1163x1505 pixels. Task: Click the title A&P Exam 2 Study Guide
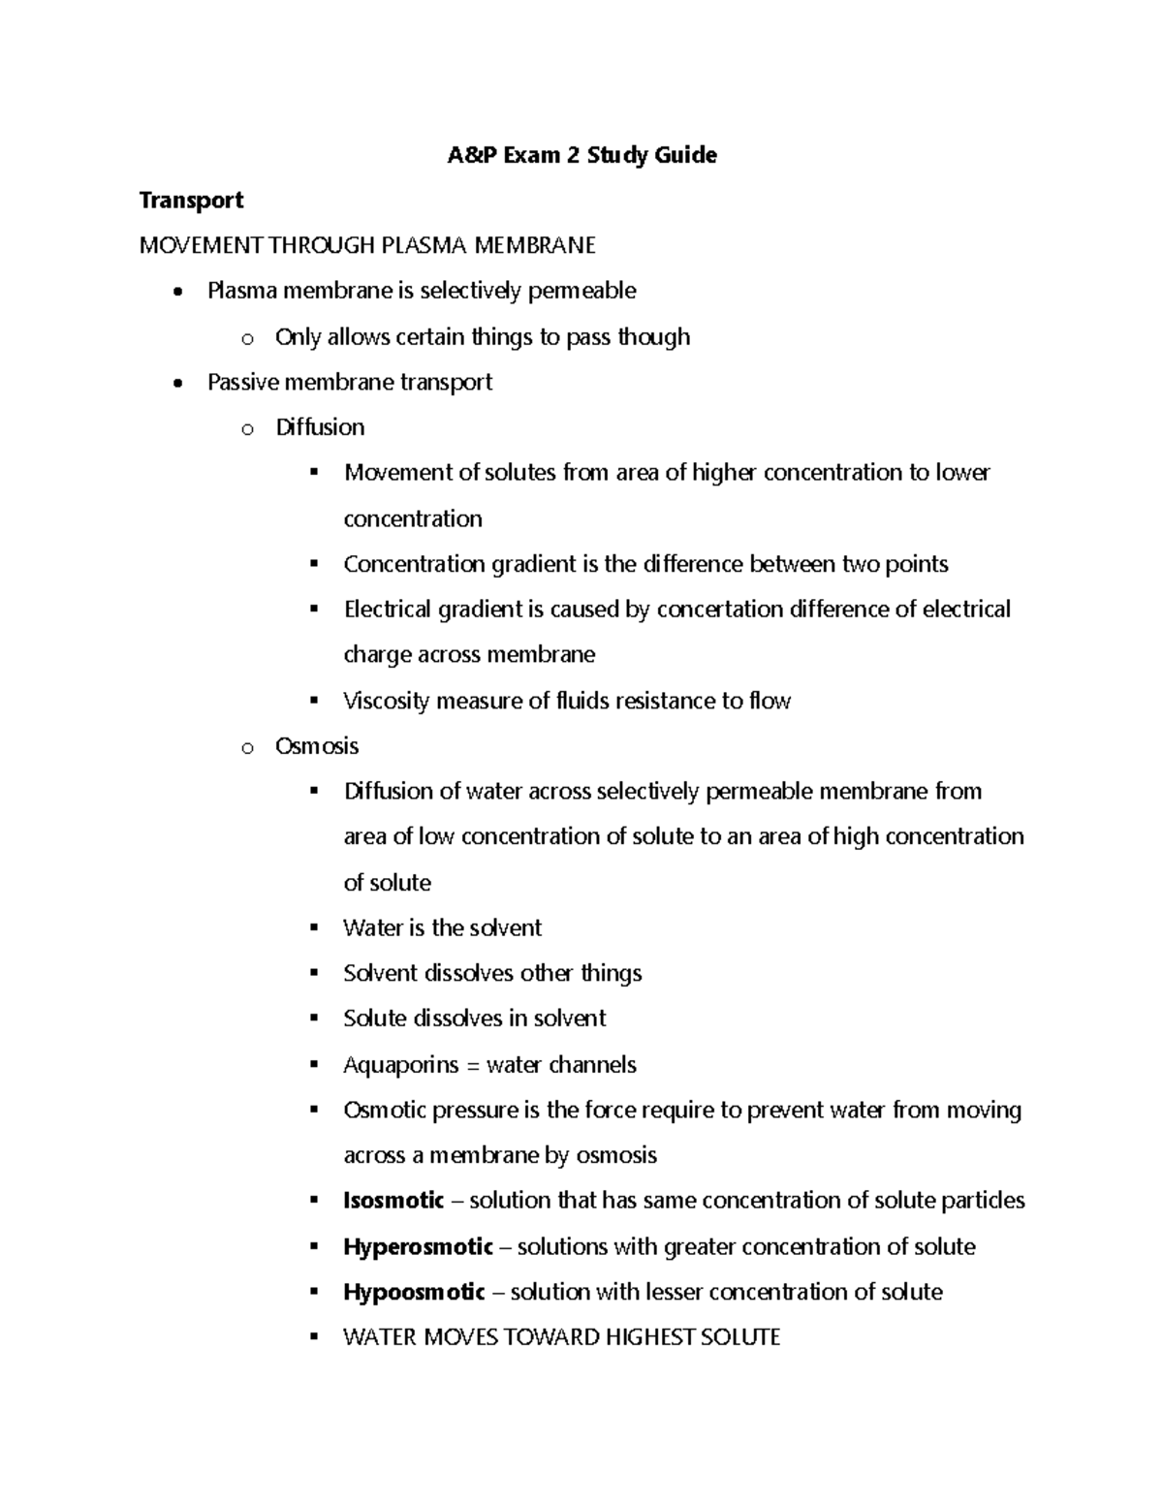coord(581,155)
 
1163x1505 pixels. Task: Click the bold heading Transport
coord(191,201)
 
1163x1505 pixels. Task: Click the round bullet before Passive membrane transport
coord(175,384)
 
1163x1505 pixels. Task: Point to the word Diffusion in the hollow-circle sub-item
coord(320,427)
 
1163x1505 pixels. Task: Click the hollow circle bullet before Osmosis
coord(247,747)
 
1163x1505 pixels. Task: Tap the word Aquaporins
coord(400,1065)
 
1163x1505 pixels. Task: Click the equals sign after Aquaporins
coord(473,1066)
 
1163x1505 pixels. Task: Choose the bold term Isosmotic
coord(393,1201)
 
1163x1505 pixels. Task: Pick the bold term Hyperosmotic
coord(418,1246)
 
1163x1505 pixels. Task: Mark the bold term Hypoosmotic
coord(414,1292)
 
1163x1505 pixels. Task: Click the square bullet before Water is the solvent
coord(313,927)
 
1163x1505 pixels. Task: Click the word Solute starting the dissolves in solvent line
coord(374,1019)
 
